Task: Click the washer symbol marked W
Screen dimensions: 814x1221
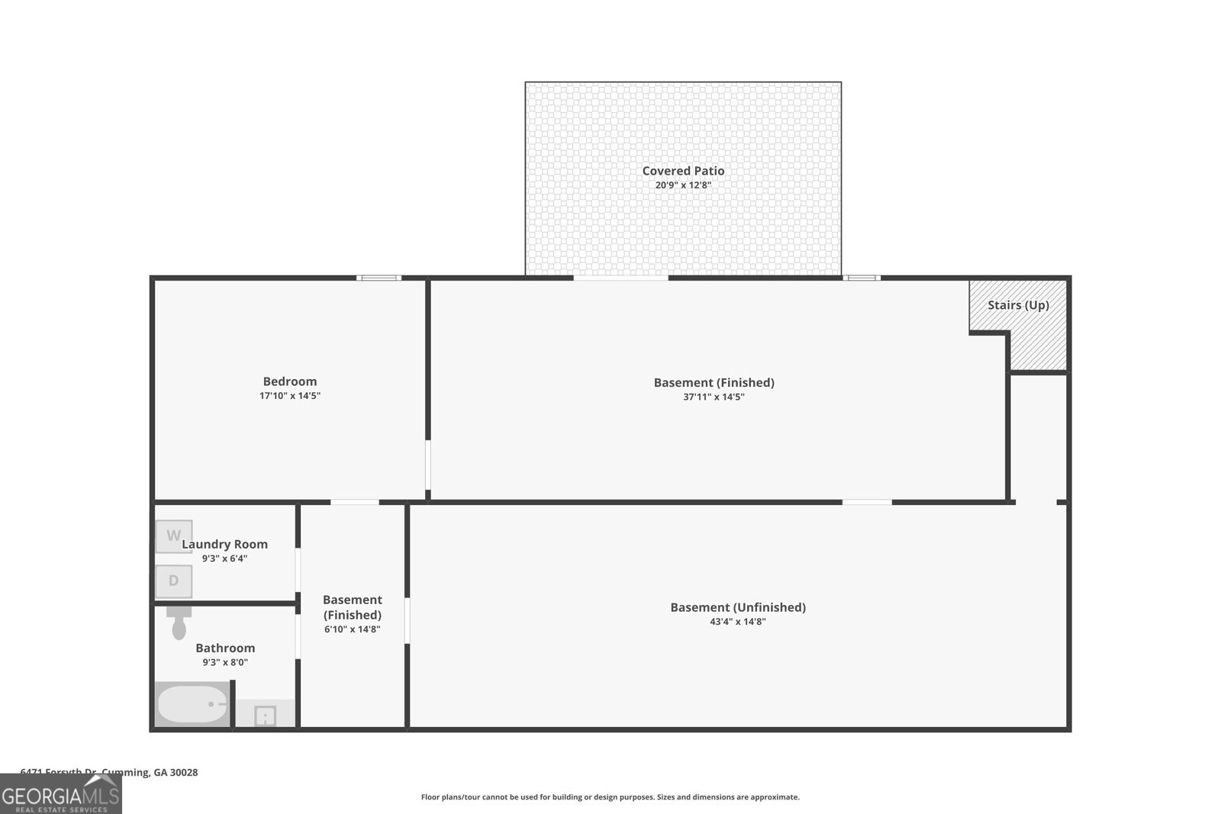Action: click(174, 536)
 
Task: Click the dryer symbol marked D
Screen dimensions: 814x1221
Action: click(173, 581)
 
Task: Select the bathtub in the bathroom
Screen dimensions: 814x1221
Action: click(192, 704)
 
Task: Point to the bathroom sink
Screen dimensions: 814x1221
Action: click(265, 716)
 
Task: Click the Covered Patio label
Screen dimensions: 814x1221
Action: click(683, 171)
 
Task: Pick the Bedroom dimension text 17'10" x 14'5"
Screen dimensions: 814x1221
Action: click(290, 396)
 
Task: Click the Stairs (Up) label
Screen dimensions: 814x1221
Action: click(1018, 305)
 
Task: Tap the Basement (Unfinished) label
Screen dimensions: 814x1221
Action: click(738, 607)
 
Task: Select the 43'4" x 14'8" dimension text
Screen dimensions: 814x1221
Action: click(738, 622)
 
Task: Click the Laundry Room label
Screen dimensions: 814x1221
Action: click(225, 544)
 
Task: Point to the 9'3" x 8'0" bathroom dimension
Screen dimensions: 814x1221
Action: click(225, 662)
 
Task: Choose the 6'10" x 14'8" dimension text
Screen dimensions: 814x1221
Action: click(353, 629)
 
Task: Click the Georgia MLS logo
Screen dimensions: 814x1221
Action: click(61, 795)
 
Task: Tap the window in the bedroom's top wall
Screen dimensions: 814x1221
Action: click(379, 278)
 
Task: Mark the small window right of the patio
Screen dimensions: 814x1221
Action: click(861, 278)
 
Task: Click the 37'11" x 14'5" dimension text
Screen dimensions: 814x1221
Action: click(714, 397)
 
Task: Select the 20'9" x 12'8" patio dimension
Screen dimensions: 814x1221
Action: click(683, 185)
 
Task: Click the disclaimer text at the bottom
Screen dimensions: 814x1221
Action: click(610, 797)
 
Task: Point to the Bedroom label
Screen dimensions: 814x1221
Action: click(290, 381)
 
